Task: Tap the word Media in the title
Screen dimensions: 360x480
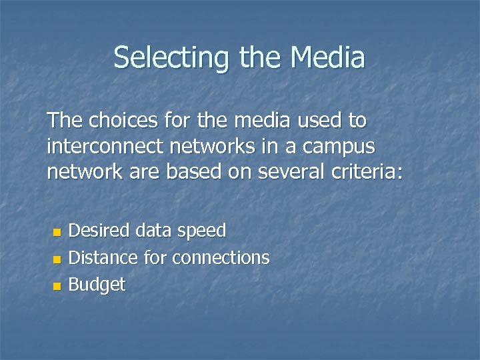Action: point(327,57)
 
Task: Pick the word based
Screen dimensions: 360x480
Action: point(193,173)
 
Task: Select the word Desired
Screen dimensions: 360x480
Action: point(99,231)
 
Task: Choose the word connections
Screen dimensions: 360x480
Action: point(221,257)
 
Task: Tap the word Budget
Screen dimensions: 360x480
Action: point(97,285)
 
